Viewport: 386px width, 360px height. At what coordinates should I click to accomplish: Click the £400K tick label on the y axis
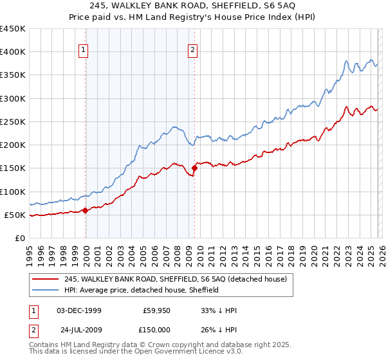(x=13, y=52)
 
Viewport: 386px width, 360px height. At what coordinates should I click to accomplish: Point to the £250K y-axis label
(x=13, y=122)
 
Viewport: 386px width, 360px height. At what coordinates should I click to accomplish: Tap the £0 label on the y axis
(x=20, y=239)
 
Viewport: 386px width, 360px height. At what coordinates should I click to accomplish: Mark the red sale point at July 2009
(x=194, y=168)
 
